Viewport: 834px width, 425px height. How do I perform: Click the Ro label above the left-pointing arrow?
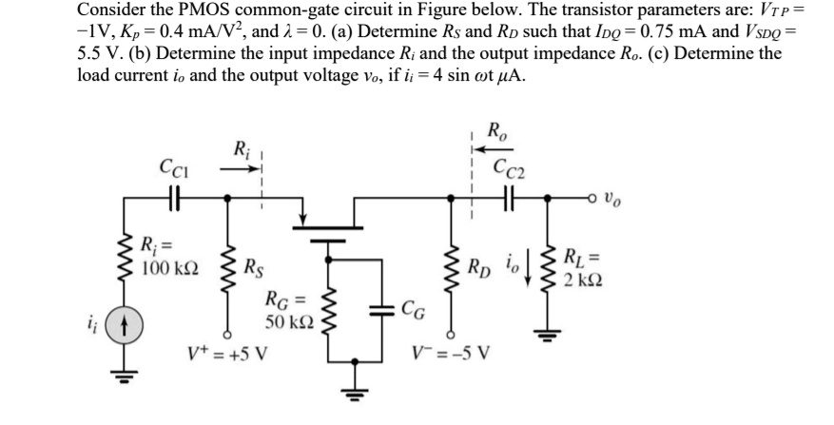point(495,132)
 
